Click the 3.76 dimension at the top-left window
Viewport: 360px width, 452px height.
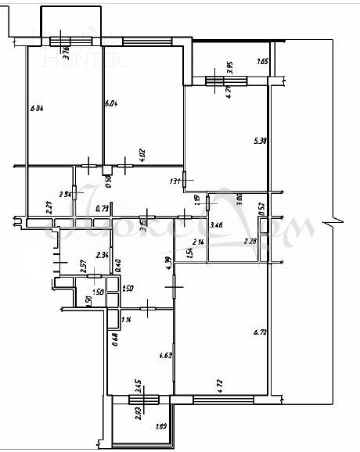pyautogui.click(x=67, y=53)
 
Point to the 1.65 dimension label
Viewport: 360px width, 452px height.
pyautogui.click(x=262, y=62)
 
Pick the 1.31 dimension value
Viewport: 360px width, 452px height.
pyautogui.click(x=175, y=181)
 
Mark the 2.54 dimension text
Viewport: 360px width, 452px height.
pyautogui.click(x=66, y=195)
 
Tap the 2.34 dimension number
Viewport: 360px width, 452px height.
pyautogui.click(x=101, y=255)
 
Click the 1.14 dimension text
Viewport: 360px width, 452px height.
pyautogui.click(x=126, y=318)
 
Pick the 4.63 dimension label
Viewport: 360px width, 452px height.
pyautogui.click(x=165, y=355)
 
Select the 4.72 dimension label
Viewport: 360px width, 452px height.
pyautogui.click(x=221, y=384)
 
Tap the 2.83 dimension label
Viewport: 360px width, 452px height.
pyautogui.click(x=138, y=412)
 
